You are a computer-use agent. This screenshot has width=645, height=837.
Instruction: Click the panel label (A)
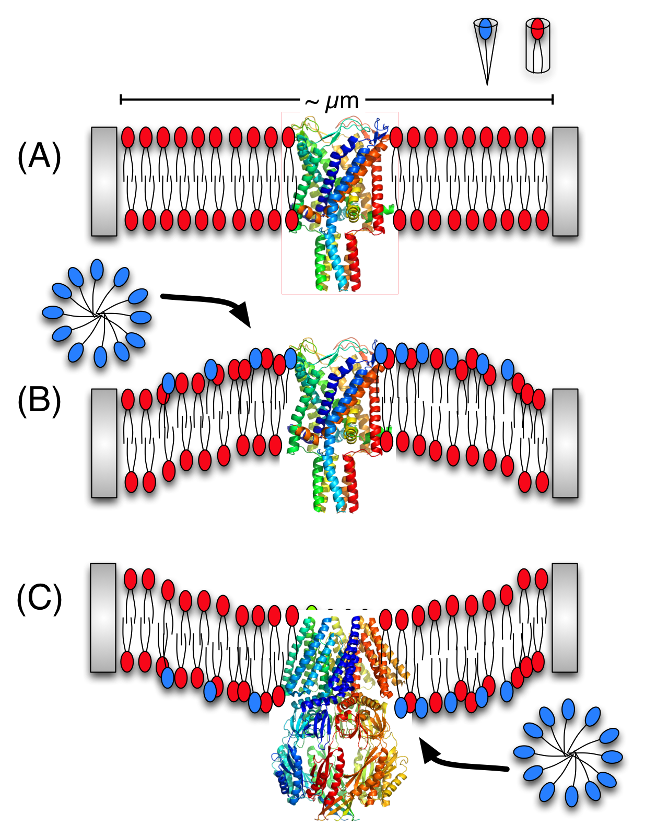(x=39, y=156)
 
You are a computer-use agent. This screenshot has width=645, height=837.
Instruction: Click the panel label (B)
(x=39, y=402)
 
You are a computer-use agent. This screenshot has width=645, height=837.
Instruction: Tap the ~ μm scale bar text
(x=332, y=101)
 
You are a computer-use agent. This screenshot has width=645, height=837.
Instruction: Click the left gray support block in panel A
(x=104, y=181)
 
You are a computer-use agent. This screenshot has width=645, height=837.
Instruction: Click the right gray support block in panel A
(x=565, y=181)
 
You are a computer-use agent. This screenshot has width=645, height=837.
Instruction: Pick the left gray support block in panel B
(x=104, y=443)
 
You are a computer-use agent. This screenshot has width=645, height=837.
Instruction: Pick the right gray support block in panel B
(x=565, y=443)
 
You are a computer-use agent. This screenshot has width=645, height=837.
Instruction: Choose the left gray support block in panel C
(x=103, y=617)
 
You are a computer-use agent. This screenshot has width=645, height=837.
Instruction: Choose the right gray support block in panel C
(x=565, y=617)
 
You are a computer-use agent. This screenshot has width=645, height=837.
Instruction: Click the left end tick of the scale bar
(x=121, y=99)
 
